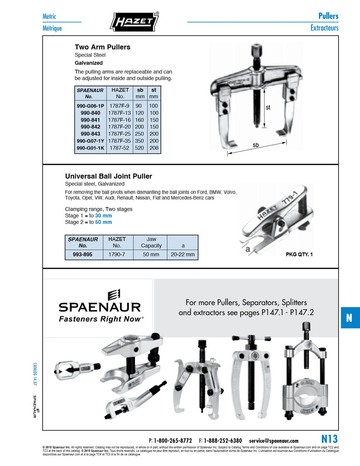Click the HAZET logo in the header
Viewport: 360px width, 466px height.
pyautogui.click(x=134, y=21)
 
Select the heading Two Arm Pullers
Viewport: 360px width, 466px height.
pyautogui.click(x=102, y=47)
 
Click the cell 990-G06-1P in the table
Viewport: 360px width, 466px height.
pyautogui.click(x=90, y=106)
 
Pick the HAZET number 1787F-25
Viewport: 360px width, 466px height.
pyautogui.click(x=119, y=134)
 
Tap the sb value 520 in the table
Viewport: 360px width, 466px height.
pyautogui.click(x=139, y=148)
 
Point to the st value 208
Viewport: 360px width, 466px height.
pyautogui.click(x=154, y=148)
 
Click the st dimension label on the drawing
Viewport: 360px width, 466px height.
pyautogui.click(x=268, y=107)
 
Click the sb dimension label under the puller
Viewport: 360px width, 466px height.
pyautogui.click(x=256, y=145)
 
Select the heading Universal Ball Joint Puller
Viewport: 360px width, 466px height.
pyautogui.click(x=108, y=176)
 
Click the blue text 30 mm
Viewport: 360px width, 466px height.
pyautogui.click(x=103, y=216)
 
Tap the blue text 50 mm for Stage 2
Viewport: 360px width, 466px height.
pyautogui.click(x=103, y=222)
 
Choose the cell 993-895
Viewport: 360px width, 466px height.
pyautogui.click(x=83, y=254)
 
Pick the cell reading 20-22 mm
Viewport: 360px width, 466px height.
pyautogui.click(x=183, y=254)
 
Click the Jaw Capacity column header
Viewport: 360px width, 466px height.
pyautogui.click(x=151, y=242)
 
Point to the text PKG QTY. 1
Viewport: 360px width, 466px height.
pyautogui.click(x=299, y=254)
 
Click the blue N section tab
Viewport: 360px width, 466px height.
pyautogui.click(x=349, y=318)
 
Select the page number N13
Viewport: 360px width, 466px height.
pyautogui.click(x=329, y=439)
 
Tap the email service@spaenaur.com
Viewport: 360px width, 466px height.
pyautogui.click(x=273, y=441)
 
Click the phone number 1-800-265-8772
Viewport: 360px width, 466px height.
pyautogui.click(x=173, y=441)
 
